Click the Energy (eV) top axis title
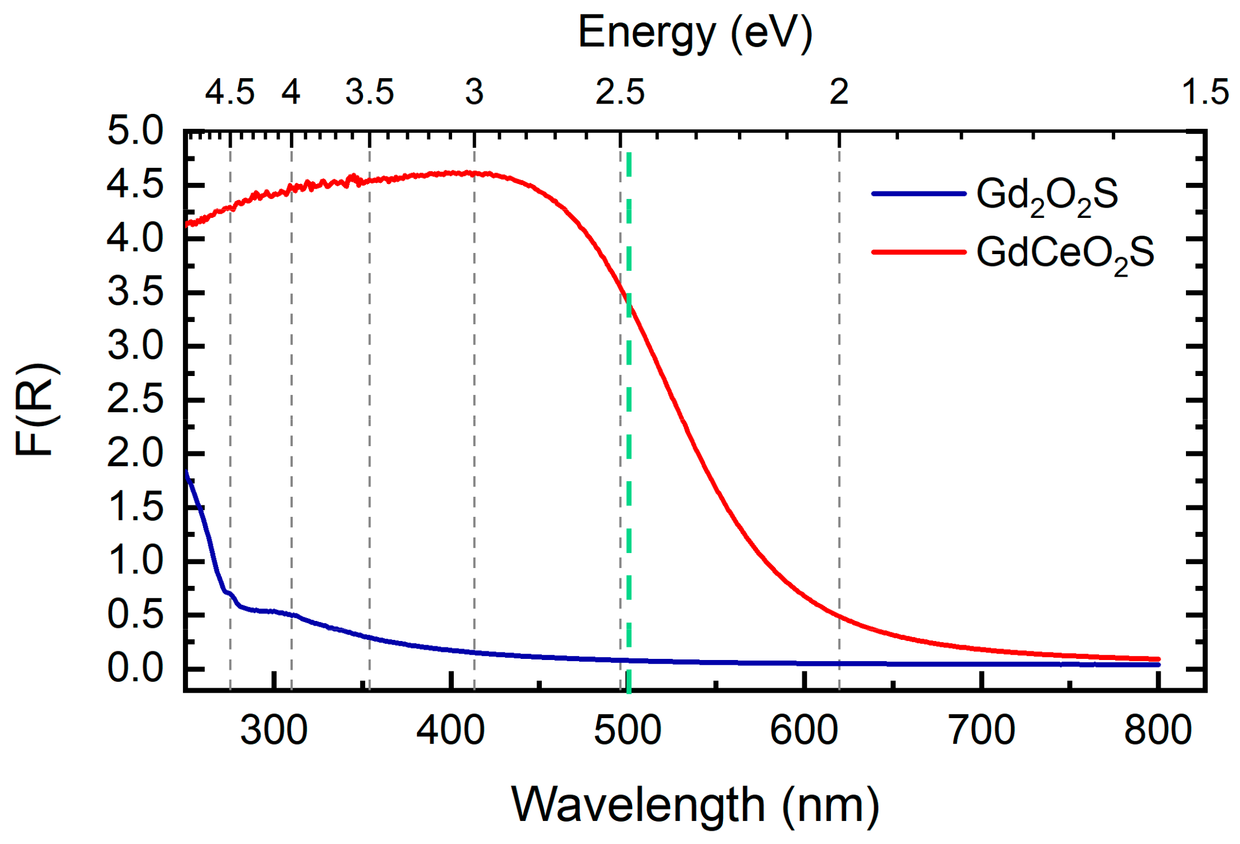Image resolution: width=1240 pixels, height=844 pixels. coord(695,33)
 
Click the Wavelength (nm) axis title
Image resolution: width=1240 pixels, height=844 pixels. coord(695,805)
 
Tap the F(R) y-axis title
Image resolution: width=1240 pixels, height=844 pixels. coord(36,409)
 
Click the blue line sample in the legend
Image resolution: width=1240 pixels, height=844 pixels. coord(918,194)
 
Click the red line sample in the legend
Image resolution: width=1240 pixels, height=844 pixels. coord(918,252)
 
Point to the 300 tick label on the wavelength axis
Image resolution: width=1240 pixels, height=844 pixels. coord(274,731)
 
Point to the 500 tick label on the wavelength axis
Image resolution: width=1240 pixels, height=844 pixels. coord(627,731)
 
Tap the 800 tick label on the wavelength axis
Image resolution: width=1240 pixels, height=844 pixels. coord(1158,731)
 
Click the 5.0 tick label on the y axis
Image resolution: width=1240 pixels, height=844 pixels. coord(136,131)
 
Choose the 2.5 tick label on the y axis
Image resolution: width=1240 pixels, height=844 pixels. coord(136,400)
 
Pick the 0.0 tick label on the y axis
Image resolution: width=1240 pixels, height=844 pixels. coord(136,669)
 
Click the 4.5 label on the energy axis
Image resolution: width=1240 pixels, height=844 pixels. coord(230,92)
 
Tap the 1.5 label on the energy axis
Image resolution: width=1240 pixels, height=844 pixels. coord(1205,92)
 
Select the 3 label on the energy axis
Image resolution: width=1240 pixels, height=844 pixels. coord(474,92)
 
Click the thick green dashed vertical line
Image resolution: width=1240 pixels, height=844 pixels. coord(629,460)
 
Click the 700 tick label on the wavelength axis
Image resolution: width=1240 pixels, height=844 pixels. coord(981,731)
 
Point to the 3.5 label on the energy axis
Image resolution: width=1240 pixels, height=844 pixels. coord(369,92)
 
